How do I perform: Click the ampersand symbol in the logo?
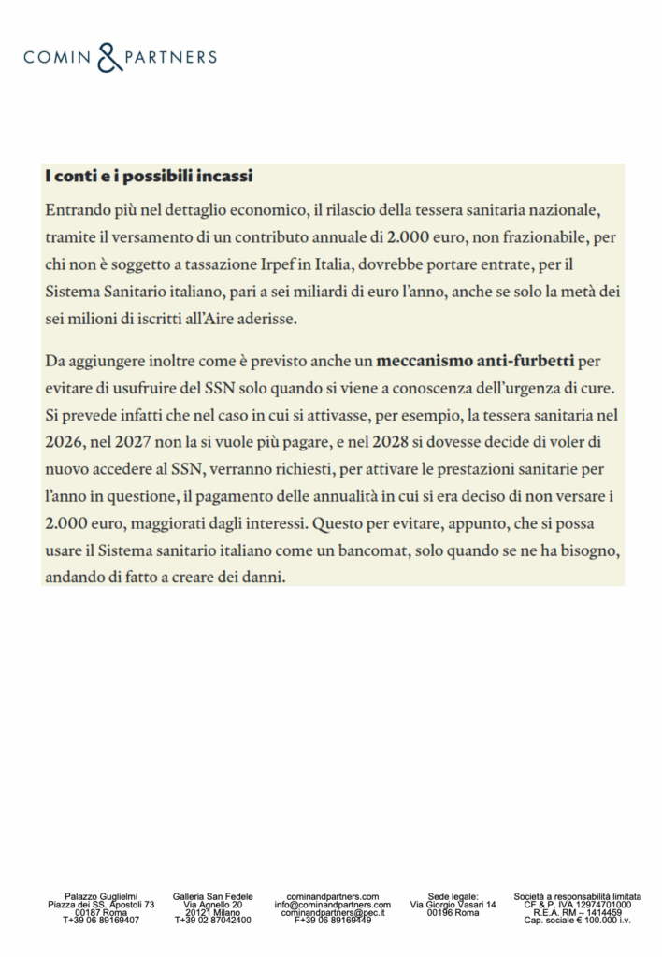110,57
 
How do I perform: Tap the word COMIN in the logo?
58,58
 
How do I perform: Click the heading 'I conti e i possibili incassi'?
148,176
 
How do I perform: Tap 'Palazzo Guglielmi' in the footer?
101,896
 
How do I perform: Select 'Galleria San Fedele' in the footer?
213,896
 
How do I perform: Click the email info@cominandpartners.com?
332,905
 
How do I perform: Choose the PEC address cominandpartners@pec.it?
332,912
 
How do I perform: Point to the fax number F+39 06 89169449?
332,921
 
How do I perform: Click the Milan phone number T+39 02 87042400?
213,921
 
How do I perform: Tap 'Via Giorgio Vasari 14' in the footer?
453,905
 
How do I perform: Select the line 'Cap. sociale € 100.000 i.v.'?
577,921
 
